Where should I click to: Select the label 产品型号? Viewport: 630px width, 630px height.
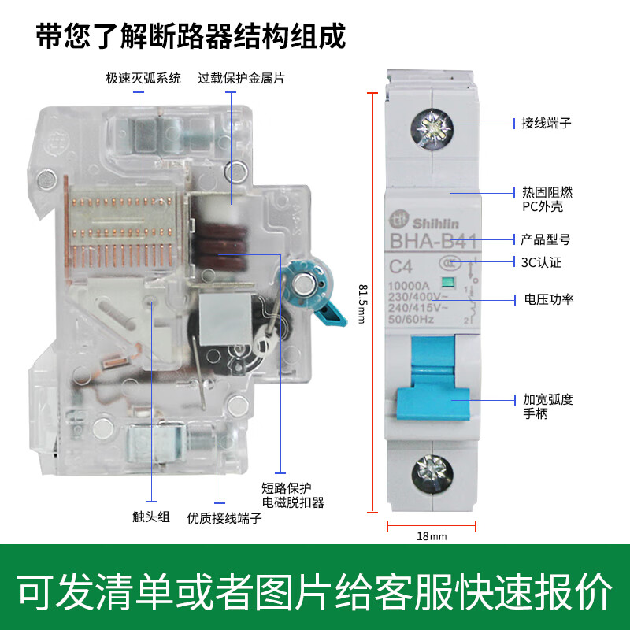[546, 239]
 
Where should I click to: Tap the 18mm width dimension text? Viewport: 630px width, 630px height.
[431, 537]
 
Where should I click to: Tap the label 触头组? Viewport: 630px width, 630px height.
[151, 517]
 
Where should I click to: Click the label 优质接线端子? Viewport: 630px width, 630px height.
[224, 519]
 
